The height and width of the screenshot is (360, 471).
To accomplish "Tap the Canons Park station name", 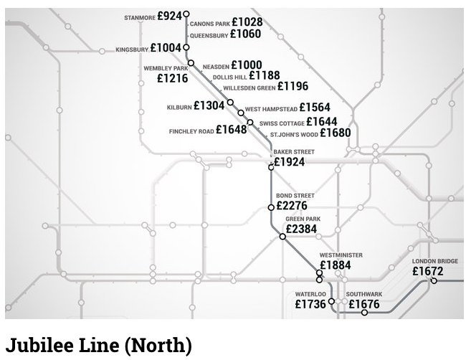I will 210,24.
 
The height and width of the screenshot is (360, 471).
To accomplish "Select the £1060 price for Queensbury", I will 247,34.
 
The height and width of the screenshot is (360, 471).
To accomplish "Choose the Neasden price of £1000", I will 247,65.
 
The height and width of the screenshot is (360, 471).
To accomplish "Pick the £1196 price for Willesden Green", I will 292,87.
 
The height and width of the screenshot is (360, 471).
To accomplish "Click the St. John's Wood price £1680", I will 335,133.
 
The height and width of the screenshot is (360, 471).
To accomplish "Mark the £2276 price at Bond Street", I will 292,207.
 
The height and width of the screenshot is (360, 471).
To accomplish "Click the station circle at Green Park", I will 282,236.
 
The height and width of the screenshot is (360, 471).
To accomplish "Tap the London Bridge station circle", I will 434,281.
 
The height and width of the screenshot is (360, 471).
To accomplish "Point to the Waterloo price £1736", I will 310,305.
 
